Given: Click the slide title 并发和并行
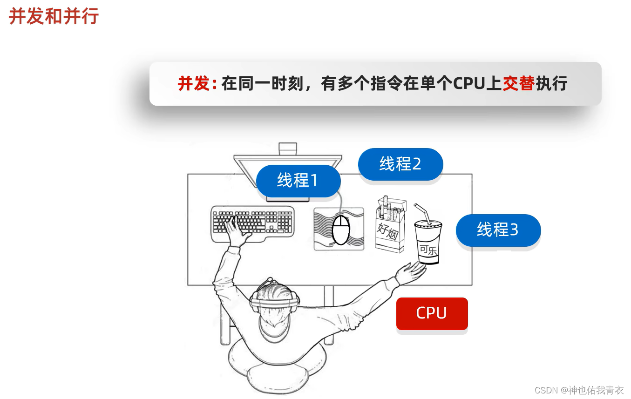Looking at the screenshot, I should click(x=54, y=16).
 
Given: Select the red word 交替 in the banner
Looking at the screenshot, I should click(x=518, y=84).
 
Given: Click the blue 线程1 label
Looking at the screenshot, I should click(x=298, y=180).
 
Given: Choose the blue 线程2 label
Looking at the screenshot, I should click(x=400, y=164).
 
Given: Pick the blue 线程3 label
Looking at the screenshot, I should click(x=498, y=230).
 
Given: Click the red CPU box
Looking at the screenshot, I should click(x=432, y=313).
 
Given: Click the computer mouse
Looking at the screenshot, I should click(x=340, y=230).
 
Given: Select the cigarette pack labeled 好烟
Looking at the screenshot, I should click(x=390, y=226).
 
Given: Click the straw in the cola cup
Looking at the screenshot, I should click(x=421, y=213).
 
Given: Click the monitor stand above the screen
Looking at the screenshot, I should click(x=287, y=149).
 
